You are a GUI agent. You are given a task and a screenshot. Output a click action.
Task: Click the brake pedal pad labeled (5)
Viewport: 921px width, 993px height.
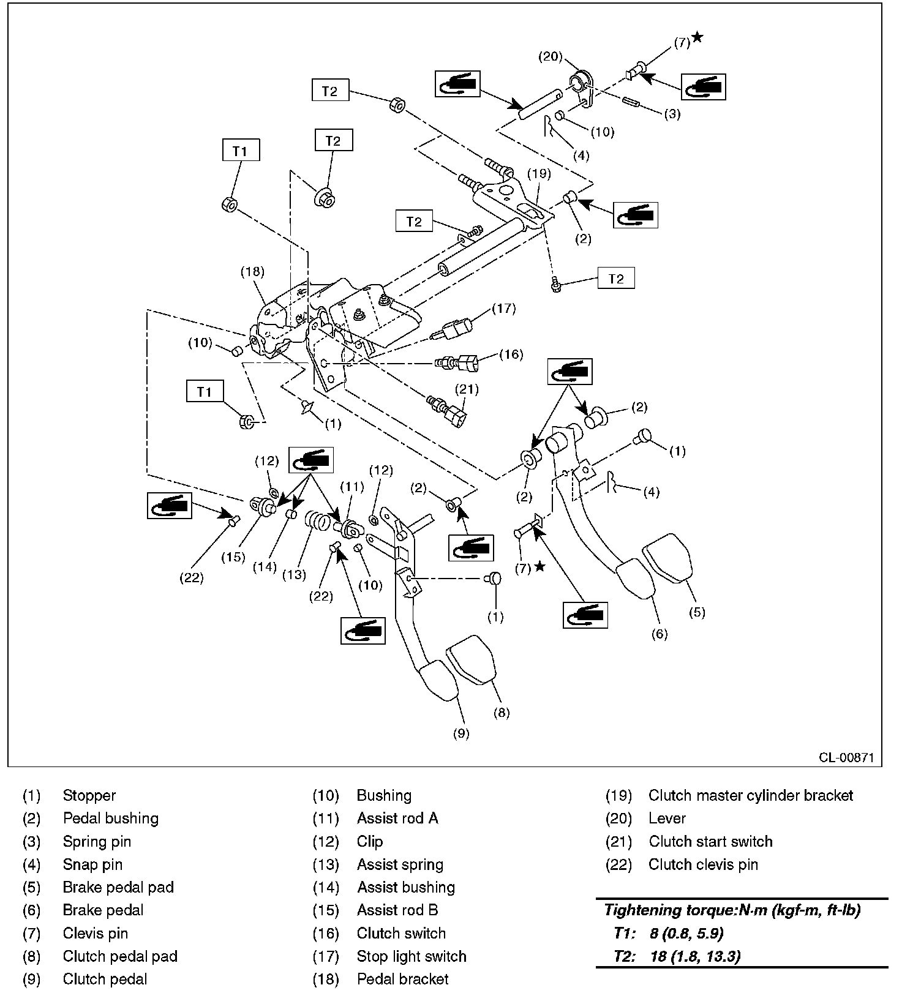tap(668, 558)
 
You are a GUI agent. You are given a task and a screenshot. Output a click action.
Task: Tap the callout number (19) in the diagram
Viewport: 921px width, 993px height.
tap(539, 173)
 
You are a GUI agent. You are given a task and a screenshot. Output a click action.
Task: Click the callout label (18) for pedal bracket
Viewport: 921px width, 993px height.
tap(252, 272)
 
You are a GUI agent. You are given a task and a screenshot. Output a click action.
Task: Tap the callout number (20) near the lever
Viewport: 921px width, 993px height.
tap(550, 56)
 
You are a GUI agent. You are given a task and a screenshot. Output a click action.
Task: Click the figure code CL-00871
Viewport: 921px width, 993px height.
tap(846, 757)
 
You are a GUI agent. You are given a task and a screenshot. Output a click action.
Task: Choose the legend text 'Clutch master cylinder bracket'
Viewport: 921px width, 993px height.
tap(750, 795)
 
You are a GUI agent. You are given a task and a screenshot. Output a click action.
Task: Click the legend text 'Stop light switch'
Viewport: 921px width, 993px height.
tap(412, 956)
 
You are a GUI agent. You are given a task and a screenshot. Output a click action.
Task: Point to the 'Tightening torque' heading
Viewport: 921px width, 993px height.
tap(732, 910)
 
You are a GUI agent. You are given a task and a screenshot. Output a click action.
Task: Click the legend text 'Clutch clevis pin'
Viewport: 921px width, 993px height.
tap(703, 864)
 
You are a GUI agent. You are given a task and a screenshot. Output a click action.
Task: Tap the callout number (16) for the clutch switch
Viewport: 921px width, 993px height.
tap(511, 354)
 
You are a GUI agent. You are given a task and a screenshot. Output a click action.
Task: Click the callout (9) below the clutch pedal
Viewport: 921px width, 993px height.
tap(460, 733)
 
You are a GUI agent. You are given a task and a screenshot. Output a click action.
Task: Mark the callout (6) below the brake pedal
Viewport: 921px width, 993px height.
tap(659, 634)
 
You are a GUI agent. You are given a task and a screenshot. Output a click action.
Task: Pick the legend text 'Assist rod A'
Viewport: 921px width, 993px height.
tap(397, 819)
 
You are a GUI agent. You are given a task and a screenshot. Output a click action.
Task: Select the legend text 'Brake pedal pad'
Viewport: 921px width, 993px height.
tap(118, 887)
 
